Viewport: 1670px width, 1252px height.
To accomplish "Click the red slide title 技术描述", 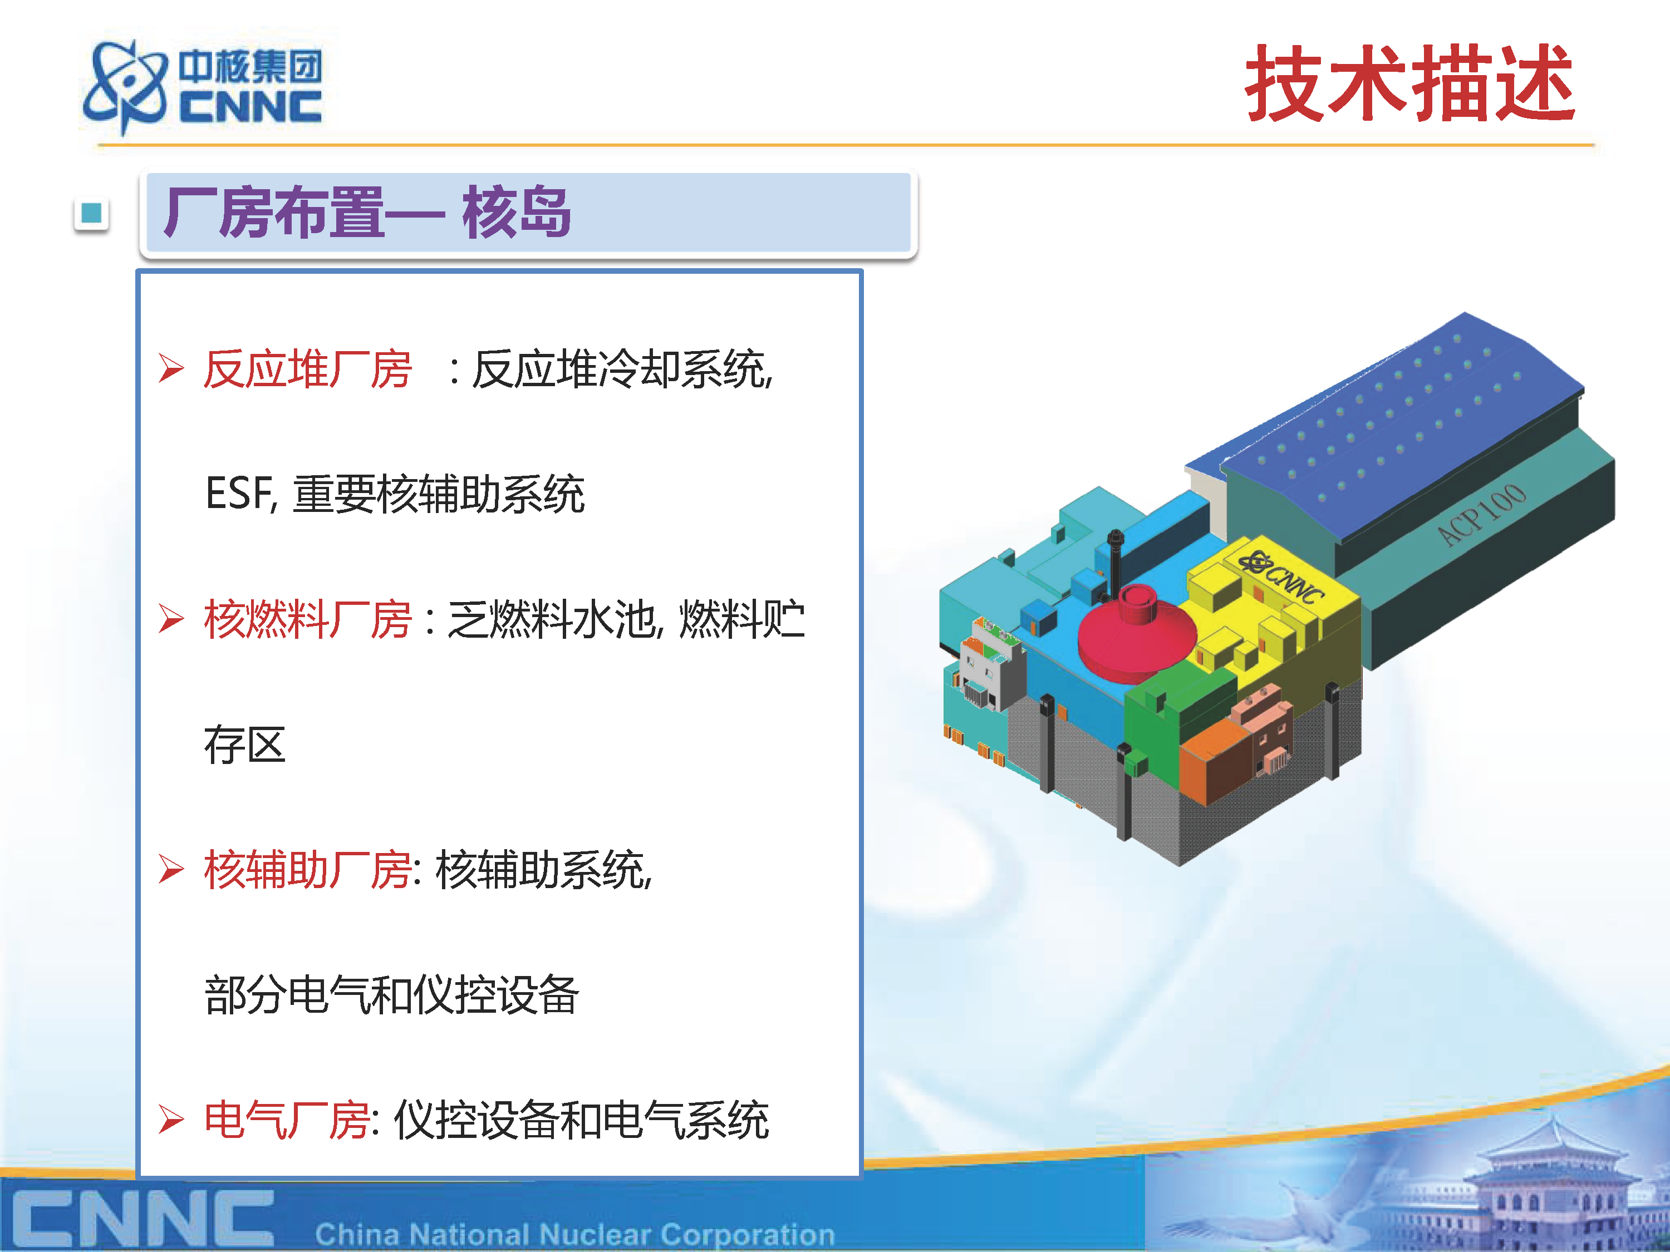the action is (1409, 82).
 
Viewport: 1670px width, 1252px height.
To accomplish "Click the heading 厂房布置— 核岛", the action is (367, 213).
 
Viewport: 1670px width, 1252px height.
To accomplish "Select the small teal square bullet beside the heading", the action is (91, 214).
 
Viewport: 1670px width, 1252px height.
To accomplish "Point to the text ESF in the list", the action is (239, 494).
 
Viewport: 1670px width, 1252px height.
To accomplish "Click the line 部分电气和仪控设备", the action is (392, 995).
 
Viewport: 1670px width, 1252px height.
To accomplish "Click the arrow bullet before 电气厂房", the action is (171, 1120).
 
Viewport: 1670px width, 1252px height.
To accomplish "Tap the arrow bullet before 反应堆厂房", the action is (171, 369).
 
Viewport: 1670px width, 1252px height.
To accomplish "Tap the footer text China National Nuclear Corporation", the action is (574, 1235).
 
